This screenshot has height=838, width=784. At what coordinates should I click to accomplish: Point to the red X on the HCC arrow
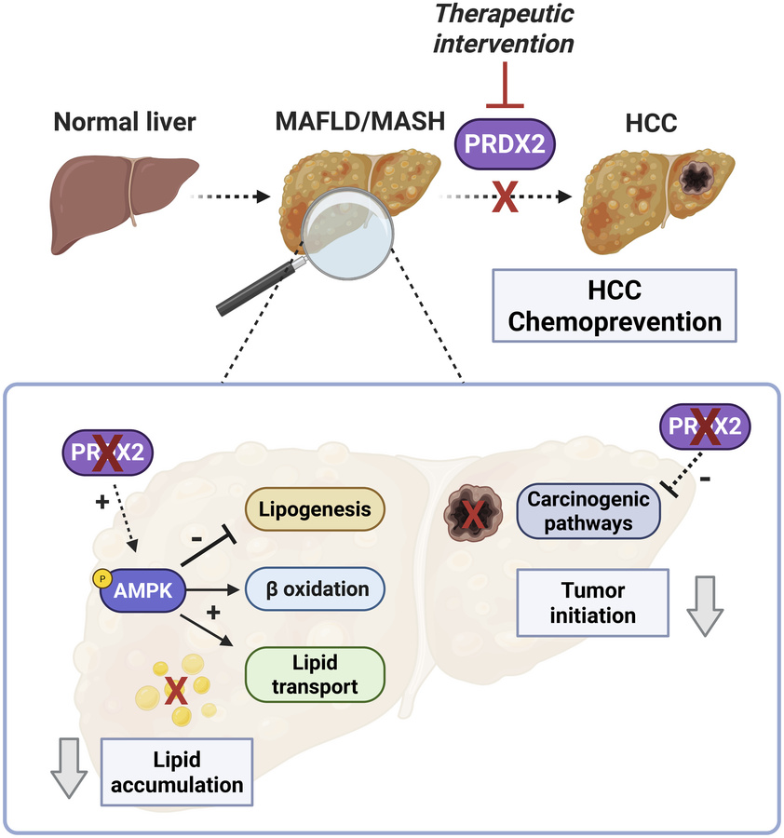click(x=505, y=198)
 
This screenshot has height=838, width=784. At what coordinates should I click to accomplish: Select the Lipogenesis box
click(x=315, y=510)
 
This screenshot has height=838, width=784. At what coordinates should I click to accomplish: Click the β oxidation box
click(x=315, y=589)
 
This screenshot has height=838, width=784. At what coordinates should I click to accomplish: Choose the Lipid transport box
click(x=315, y=673)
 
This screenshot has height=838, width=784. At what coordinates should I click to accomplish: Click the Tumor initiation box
click(x=592, y=602)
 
